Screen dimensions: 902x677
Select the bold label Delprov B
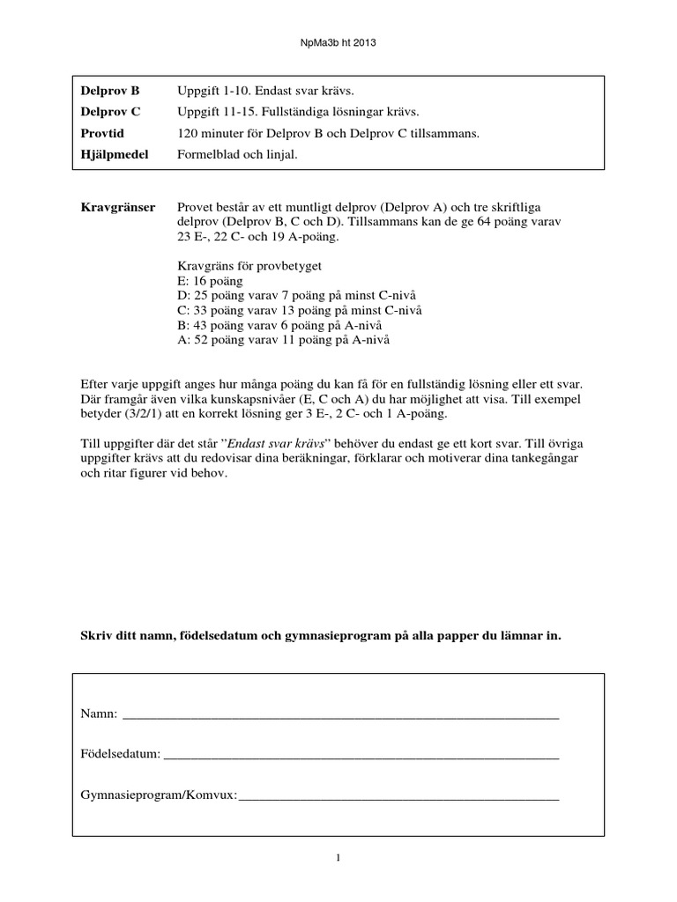(110, 91)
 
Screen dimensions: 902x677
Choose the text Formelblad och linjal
(238, 154)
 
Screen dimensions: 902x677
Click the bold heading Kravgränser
(118, 207)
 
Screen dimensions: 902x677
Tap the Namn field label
(99, 713)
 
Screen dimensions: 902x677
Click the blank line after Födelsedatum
(361, 755)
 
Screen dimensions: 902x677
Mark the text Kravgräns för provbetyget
(249, 264)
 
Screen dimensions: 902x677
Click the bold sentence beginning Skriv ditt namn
(321, 635)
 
